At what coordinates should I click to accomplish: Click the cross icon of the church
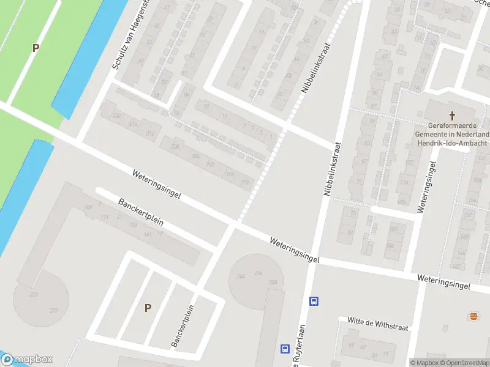click(x=453, y=115)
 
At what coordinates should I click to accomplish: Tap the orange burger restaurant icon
click(x=473, y=316)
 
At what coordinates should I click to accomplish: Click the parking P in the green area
click(x=36, y=48)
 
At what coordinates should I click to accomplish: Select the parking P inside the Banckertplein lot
click(x=148, y=308)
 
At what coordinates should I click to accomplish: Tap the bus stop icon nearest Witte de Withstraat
click(x=314, y=301)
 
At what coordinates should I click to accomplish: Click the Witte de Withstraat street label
click(x=372, y=320)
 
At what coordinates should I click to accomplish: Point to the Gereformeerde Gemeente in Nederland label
click(x=452, y=134)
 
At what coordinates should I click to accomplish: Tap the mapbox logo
click(x=27, y=360)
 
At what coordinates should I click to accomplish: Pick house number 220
click(x=116, y=115)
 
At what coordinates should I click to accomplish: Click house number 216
click(x=133, y=124)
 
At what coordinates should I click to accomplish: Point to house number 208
click(x=176, y=147)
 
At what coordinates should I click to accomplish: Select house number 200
click(x=210, y=165)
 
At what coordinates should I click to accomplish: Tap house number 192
click(x=246, y=182)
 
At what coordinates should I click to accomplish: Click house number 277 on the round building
click(x=54, y=311)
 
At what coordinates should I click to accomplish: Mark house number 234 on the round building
click(x=258, y=273)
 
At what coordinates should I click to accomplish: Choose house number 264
click(x=241, y=276)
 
